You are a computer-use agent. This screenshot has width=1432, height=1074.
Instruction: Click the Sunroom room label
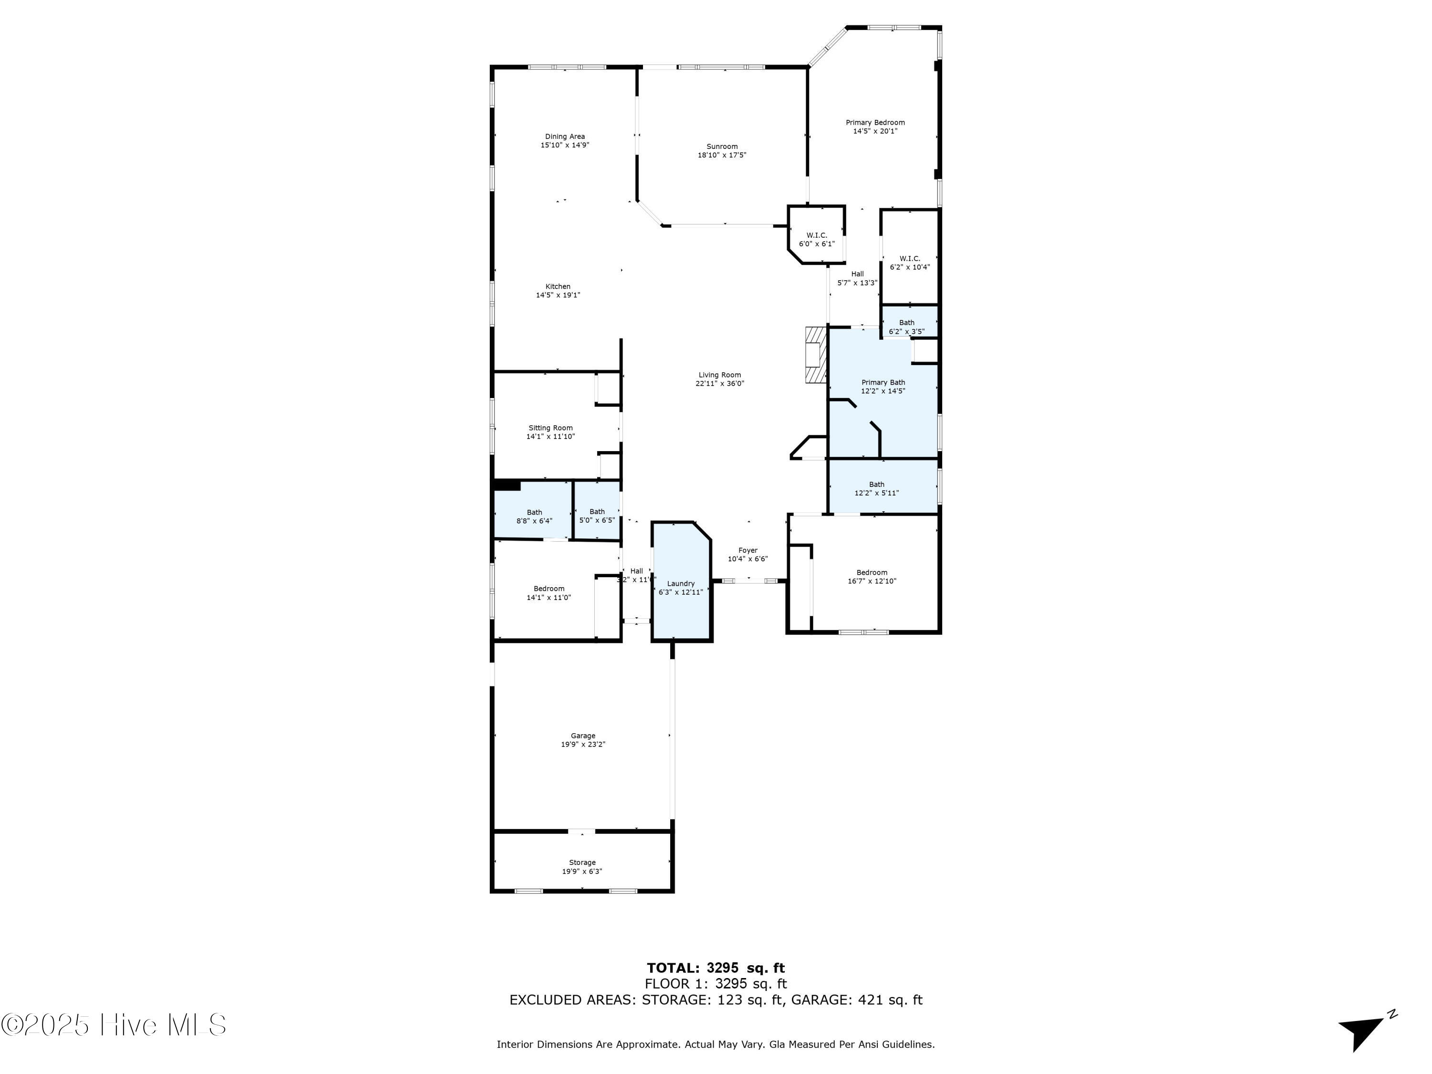pyautogui.click(x=722, y=147)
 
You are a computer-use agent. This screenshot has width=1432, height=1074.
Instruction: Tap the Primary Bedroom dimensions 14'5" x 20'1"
pyautogui.click(x=875, y=131)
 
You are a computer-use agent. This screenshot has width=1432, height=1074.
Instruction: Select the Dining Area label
pyautogui.click(x=565, y=137)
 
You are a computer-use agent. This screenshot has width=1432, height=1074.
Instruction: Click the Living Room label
pyautogui.click(x=719, y=375)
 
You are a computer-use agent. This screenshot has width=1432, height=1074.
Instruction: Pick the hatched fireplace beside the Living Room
pyautogui.click(x=816, y=355)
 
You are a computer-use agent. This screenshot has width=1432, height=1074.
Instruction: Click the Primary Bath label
pyautogui.click(x=883, y=383)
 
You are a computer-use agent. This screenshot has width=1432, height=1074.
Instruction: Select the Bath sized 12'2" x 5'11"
pyautogui.click(x=876, y=489)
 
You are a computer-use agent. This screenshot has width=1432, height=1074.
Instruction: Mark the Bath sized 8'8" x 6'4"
pyautogui.click(x=534, y=516)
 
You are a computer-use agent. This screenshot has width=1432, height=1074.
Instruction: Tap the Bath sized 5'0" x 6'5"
pyautogui.click(x=597, y=516)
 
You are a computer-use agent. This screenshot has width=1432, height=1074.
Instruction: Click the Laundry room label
pyautogui.click(x=680, y=583)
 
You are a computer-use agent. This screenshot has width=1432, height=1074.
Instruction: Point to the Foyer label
pyautogui.click(x=748, y=550)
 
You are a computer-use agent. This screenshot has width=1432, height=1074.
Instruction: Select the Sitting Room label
pyautogui.click(x=550, y=428)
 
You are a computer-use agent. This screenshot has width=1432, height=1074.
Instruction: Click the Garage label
pyautogui.click(x=583, y=736)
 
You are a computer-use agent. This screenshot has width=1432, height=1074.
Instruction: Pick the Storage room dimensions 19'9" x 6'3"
pyautogui.click(x=582, y=871)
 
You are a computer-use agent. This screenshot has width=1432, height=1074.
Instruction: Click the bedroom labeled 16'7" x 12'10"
pyautogui.click(x=871, y=577)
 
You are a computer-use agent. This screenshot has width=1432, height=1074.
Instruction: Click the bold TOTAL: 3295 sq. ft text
pyautogui.click(x=716, y=968)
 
